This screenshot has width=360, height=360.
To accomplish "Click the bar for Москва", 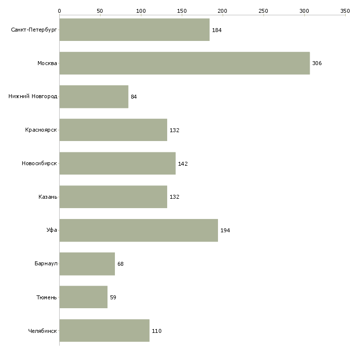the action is tap(184, 63).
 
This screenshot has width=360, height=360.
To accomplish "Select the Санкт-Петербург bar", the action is tap(135, 30).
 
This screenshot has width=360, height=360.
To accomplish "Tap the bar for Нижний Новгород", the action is tap(94, 97).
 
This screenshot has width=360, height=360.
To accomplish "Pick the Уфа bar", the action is tap(139, 230).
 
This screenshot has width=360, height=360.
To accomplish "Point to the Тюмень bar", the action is tap(83, 297).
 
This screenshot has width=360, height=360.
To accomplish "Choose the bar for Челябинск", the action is tap(105, 330).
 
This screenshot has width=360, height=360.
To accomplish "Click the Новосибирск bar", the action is tap(117, 163).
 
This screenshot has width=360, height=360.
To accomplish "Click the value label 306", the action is tap(317, 63).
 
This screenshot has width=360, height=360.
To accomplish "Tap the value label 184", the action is tap(216, 30).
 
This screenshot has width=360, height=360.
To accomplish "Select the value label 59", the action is tap(113, 297).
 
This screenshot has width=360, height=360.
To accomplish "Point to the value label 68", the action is tap(120, 264).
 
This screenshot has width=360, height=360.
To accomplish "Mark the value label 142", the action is tap(183, 164).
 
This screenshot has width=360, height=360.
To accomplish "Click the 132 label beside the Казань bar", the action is tap(175, 197).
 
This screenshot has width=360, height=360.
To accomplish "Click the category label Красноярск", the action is tap(41, 130).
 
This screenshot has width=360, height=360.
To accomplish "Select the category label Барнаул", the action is tap(46, 263).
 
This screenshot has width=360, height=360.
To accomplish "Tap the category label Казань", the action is tap(48, 197).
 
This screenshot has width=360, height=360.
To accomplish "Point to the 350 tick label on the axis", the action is tap(345, 11).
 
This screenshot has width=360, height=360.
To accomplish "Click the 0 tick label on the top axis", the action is tap(60, 11).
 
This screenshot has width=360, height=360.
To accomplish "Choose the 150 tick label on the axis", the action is tap(182, 11).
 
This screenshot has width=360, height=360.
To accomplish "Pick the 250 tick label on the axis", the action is tap(263, 11).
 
